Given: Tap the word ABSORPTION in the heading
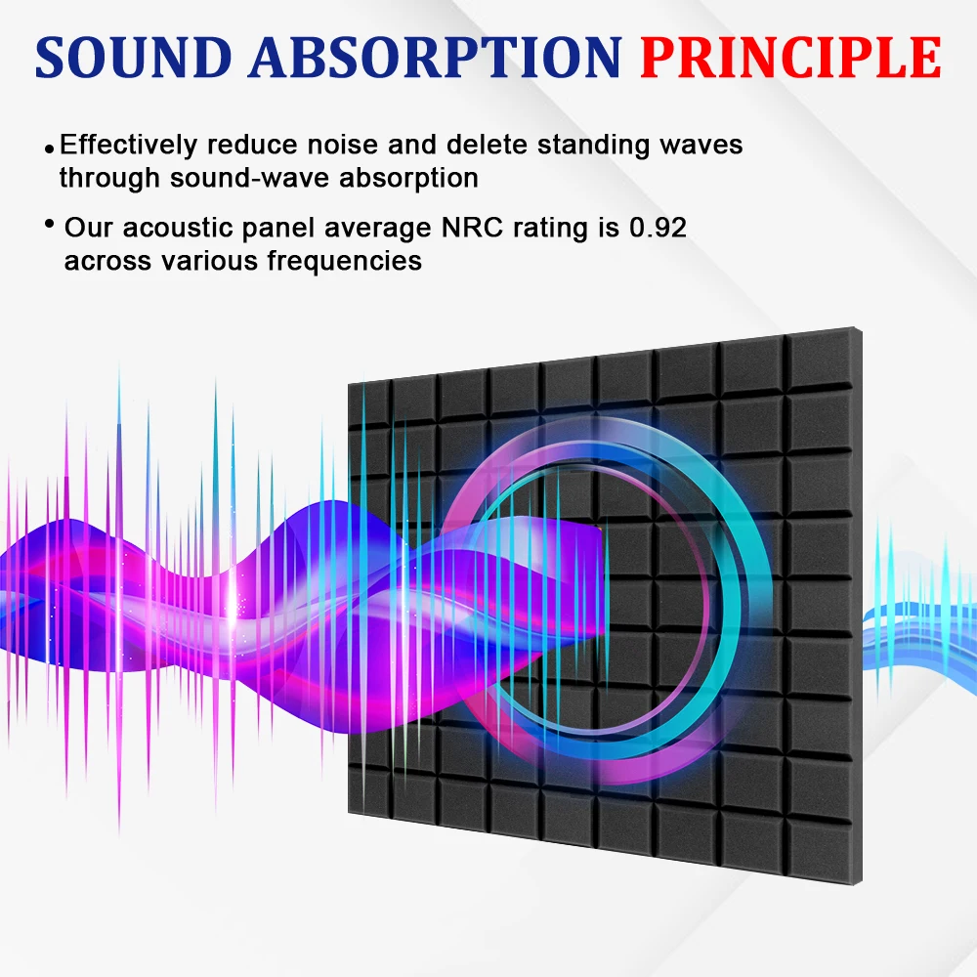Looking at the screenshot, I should click(x=435, y=58).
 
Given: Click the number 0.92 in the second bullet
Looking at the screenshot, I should click(x=658, y=229).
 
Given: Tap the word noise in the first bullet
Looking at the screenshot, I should click(x=343, y=146).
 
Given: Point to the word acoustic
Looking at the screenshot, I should click(x=183, y=229).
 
